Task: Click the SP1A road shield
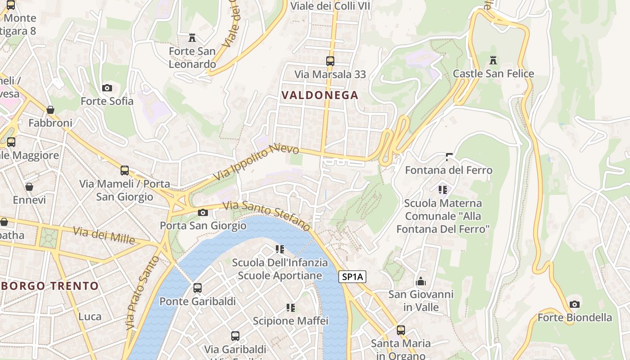(x=352, y=277)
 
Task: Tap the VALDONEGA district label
(x=319, y=95)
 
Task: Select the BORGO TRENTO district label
(x=49, y=286)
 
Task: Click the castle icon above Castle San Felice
(x=493, y=60)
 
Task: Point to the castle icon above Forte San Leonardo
(x=192, y=38)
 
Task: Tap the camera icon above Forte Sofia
(x=107, y=88)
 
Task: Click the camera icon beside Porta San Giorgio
(x=203, y=212)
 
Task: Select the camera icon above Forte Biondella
(x=574, y=304)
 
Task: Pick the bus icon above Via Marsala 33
(x=330, y=61)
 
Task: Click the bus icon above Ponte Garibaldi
(x=198, y=288)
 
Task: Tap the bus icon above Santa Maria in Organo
(x=400, y=330)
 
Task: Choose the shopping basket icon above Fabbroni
(x=50, y=110)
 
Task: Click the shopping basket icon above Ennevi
(x=29, y=187)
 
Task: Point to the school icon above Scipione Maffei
(x=291, y=308)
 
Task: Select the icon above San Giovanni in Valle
(x=421, y=281)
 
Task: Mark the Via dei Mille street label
(x=104, y=235)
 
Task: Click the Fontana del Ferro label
(x=449, y=170)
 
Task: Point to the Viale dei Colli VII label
(x=330, y=6)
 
